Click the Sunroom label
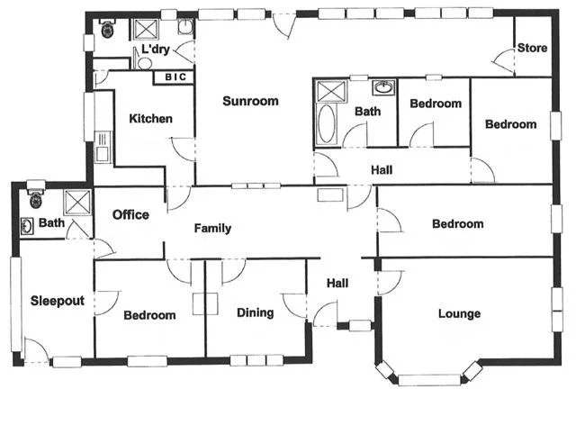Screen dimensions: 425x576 click(x=250, y=102)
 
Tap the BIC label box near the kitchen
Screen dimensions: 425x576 click(x=175, y=77)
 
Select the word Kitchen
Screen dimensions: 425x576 click(x=150, y=119)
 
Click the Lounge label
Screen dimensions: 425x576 click(x=459, y=314)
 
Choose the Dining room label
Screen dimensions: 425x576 click(x=256, y=313)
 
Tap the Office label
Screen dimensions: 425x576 click(x=130, y=215)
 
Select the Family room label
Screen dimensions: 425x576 click(x=212, y=229)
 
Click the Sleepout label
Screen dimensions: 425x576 click(x=57, y=301)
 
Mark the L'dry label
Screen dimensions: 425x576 click(x=157, y=50)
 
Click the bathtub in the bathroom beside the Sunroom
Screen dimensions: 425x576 click(x=326, y=123)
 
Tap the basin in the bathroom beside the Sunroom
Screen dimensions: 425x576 click(x=384, y=88)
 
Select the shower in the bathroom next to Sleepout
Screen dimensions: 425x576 click(x=78, y=201)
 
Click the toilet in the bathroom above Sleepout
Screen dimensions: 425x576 click(x=36, y=197)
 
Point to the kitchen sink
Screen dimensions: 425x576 click(x=102, y=144)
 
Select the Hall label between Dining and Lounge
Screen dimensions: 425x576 click(x=337, y=284)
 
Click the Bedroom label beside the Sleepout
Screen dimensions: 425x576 click(x=149, y=315)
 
